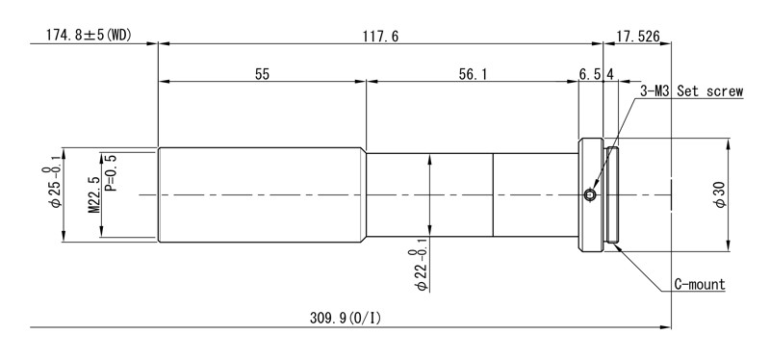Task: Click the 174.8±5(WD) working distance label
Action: coord(89,36)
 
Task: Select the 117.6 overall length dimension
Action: coord(380,37)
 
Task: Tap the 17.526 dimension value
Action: coord(638,37)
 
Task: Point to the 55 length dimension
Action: coord(262,74)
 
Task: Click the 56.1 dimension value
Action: coord(473,74)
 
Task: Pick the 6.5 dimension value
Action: coord(590,74)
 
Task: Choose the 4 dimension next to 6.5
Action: coord(610,74)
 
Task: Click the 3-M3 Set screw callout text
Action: coord(691,91)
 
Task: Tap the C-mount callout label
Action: coord(700,284)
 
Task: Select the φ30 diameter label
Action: coord(720,195)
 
